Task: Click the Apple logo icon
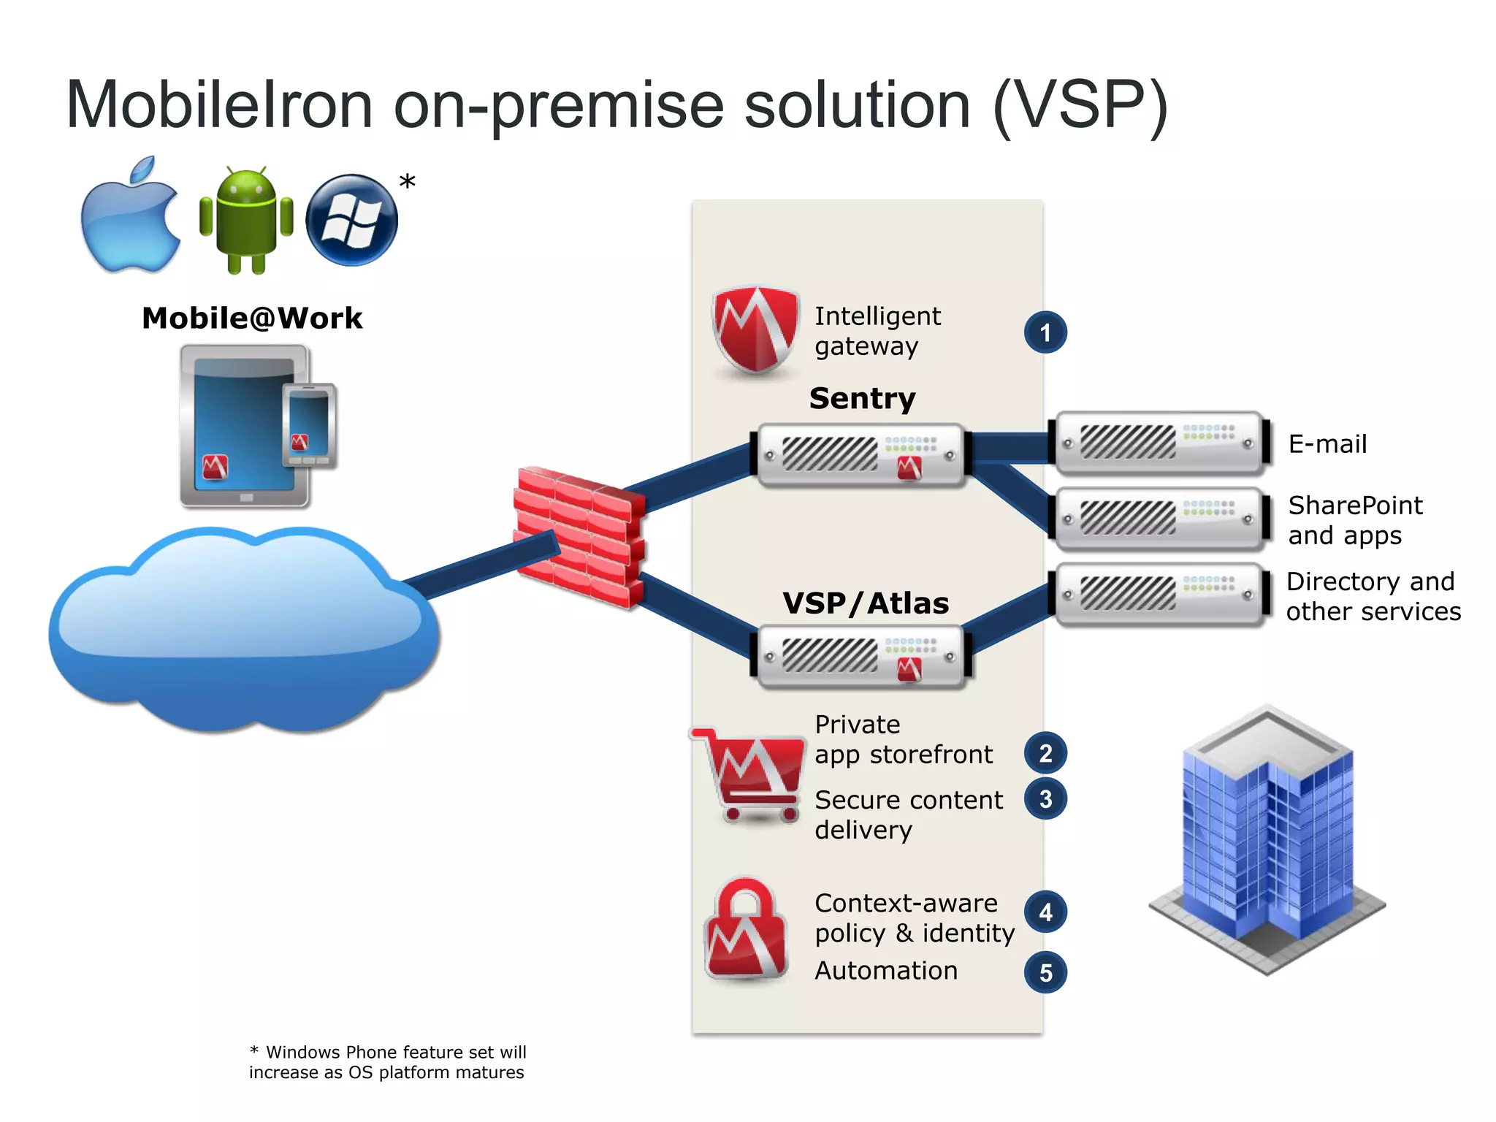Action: click(130, 218)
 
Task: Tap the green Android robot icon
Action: click(246, 219)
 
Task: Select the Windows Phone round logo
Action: click(351, 220)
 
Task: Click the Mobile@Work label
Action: click(252, 318)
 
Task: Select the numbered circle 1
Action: click(1045, 333)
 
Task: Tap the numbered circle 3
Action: click(1045, 799)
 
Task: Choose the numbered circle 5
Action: click(1045, 972)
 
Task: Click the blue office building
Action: click(1267, 840)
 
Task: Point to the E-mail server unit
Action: click(1160, 443)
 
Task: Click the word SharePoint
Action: click(1355, 505)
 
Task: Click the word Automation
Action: click(886, 971)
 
